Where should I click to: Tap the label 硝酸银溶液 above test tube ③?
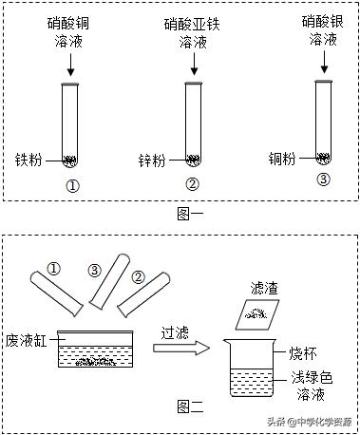(322, 28)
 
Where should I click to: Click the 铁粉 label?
(28, 160)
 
